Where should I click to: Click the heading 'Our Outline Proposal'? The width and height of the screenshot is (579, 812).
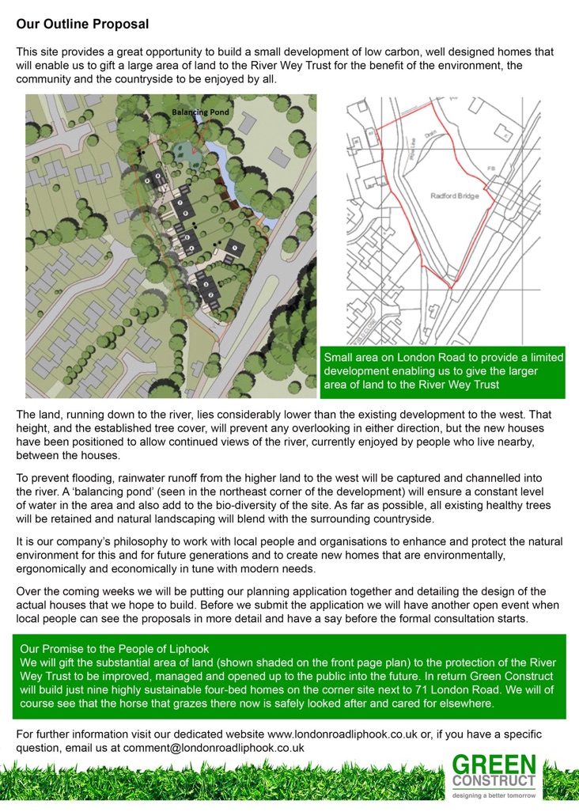coord(82,25)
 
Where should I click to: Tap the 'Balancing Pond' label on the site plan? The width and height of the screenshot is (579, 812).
coord(201,112)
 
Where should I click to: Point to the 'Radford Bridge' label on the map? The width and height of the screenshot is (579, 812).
coord(456,195)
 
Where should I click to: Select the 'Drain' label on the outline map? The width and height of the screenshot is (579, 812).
coord(432,135)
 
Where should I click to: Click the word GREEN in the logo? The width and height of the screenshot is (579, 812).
coord(494,766)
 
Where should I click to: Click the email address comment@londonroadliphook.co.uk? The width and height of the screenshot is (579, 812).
coord(209,747)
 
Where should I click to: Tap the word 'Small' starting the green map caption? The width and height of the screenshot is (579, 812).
coord(340,358)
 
